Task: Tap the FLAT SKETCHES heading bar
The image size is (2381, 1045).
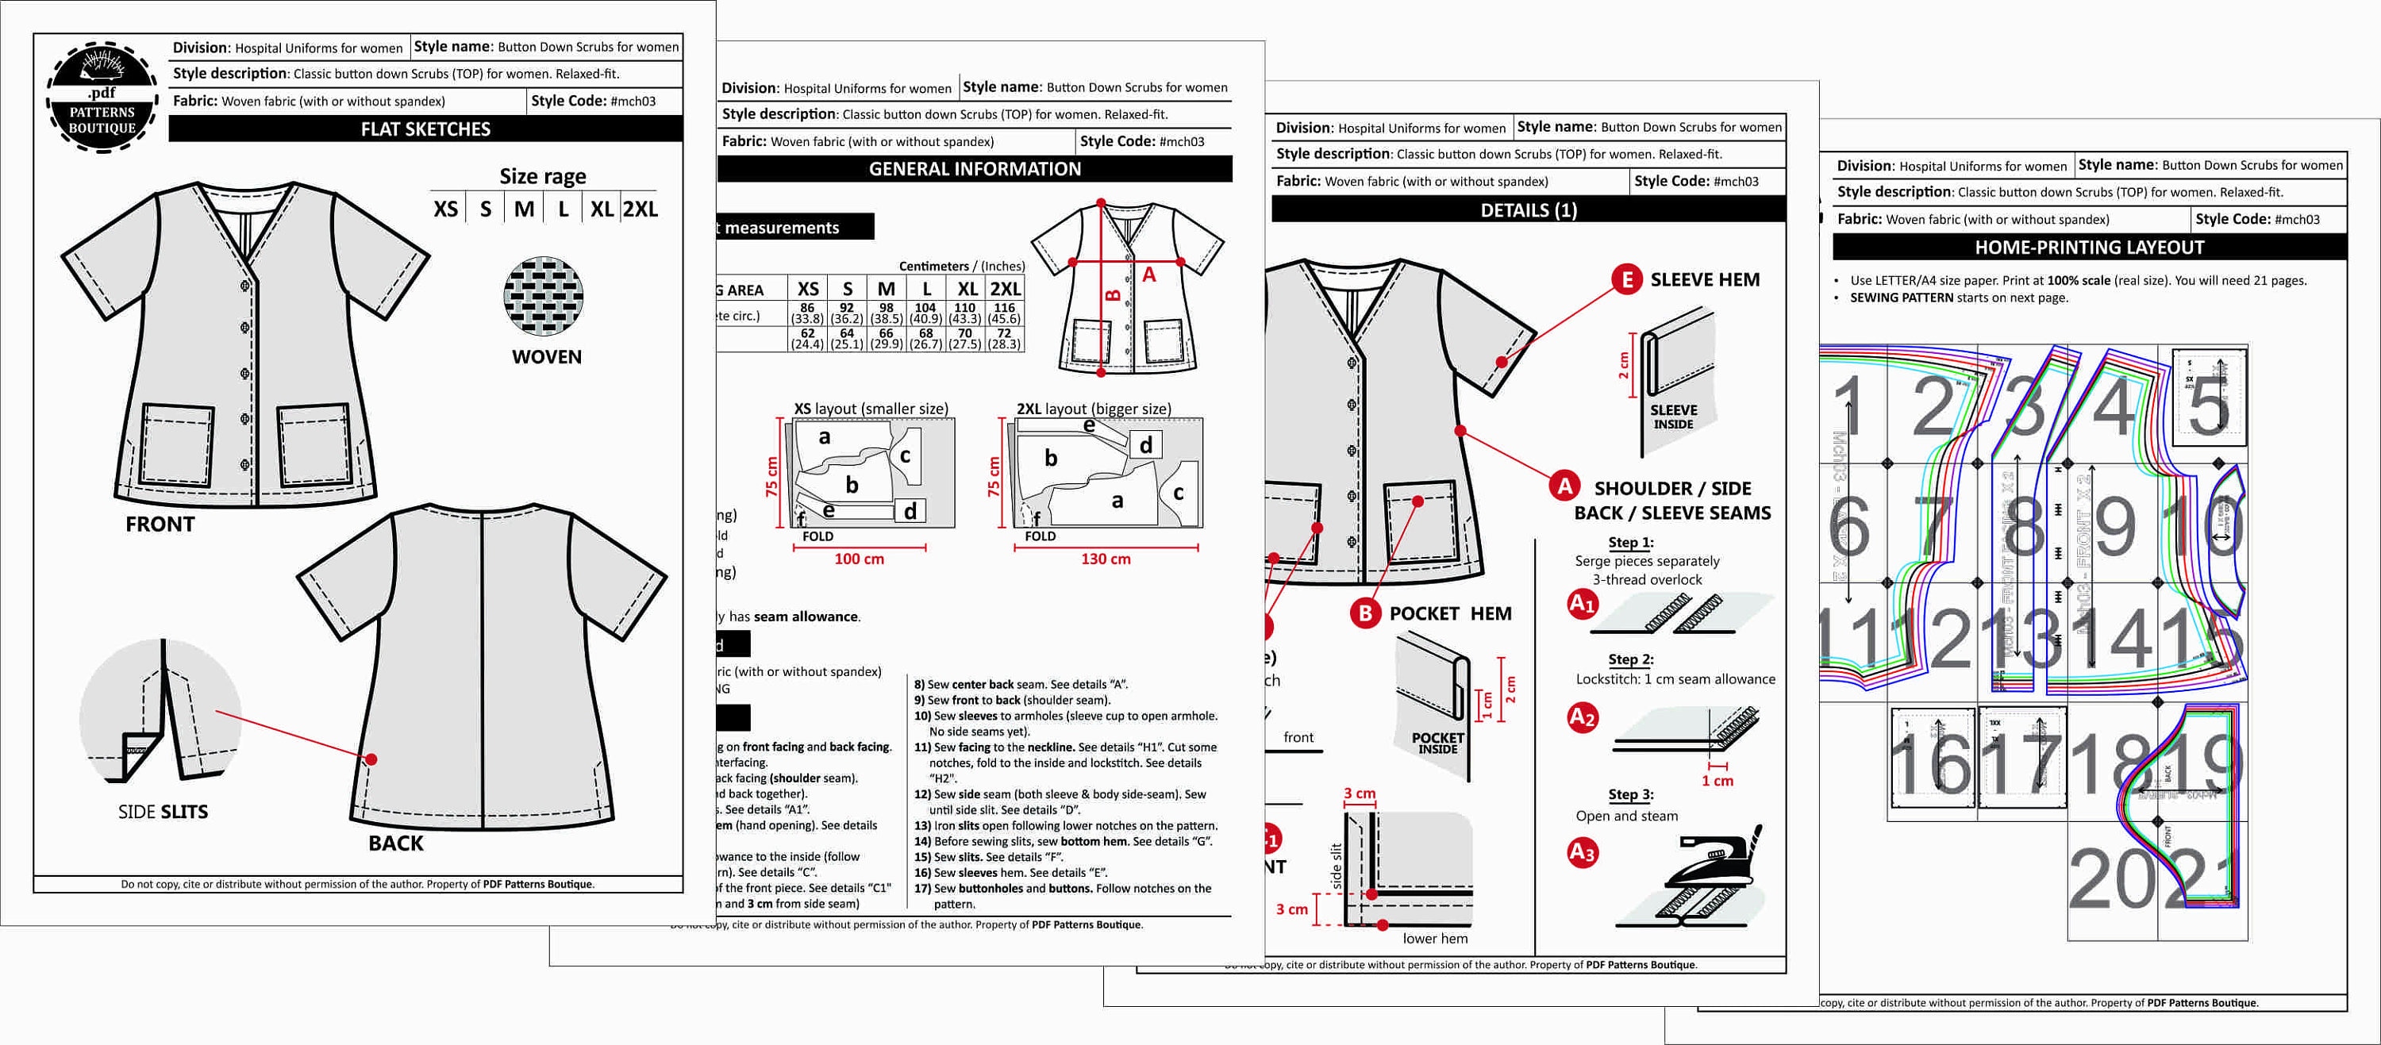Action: coord(425,129)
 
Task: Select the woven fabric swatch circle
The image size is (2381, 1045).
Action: coord(544,297)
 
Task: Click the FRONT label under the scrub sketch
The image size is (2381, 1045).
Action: coord(160,524)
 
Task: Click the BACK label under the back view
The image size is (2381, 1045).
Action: coord(395,843)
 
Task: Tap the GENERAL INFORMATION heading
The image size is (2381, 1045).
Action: coord(974,169)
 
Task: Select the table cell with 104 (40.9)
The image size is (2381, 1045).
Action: coord(925,313)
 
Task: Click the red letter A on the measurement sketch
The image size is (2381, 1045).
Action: coord(1149,275)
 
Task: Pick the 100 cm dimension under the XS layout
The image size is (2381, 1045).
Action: coord(859,559)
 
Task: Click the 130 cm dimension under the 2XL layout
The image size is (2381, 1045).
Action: coord(1106,559)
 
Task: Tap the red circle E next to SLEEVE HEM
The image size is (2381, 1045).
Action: coord(1626,279)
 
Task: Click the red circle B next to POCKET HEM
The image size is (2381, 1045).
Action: coord(1364,613)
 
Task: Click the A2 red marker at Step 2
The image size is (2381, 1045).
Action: coord(1582,717)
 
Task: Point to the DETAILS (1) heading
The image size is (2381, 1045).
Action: coord(1528,210)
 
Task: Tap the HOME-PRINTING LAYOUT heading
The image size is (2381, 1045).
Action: coord(2089,248)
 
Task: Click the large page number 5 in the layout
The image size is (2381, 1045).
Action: coord(2209,405)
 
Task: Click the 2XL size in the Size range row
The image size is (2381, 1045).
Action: coord(640,209)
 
